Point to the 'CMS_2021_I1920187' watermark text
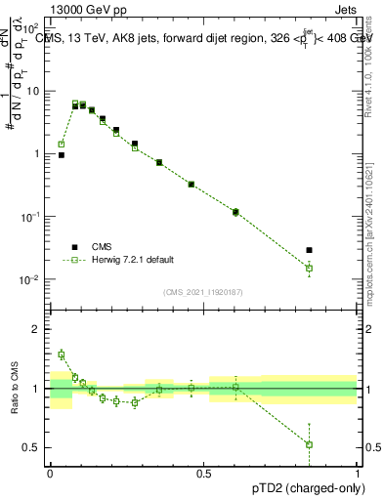203,291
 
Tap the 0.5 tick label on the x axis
203,473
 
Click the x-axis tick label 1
357,473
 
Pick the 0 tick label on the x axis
50,473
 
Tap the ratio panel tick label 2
37,329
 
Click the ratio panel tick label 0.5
33,447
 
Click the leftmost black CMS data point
61,154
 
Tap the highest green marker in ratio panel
61,354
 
